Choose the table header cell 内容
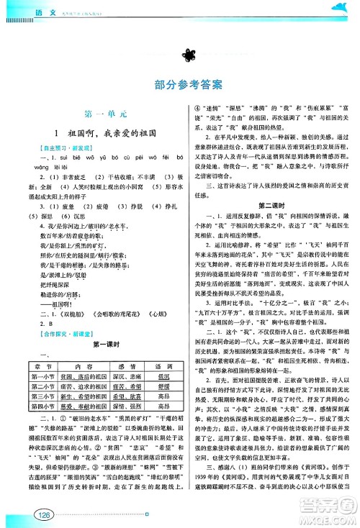click(75, 345)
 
